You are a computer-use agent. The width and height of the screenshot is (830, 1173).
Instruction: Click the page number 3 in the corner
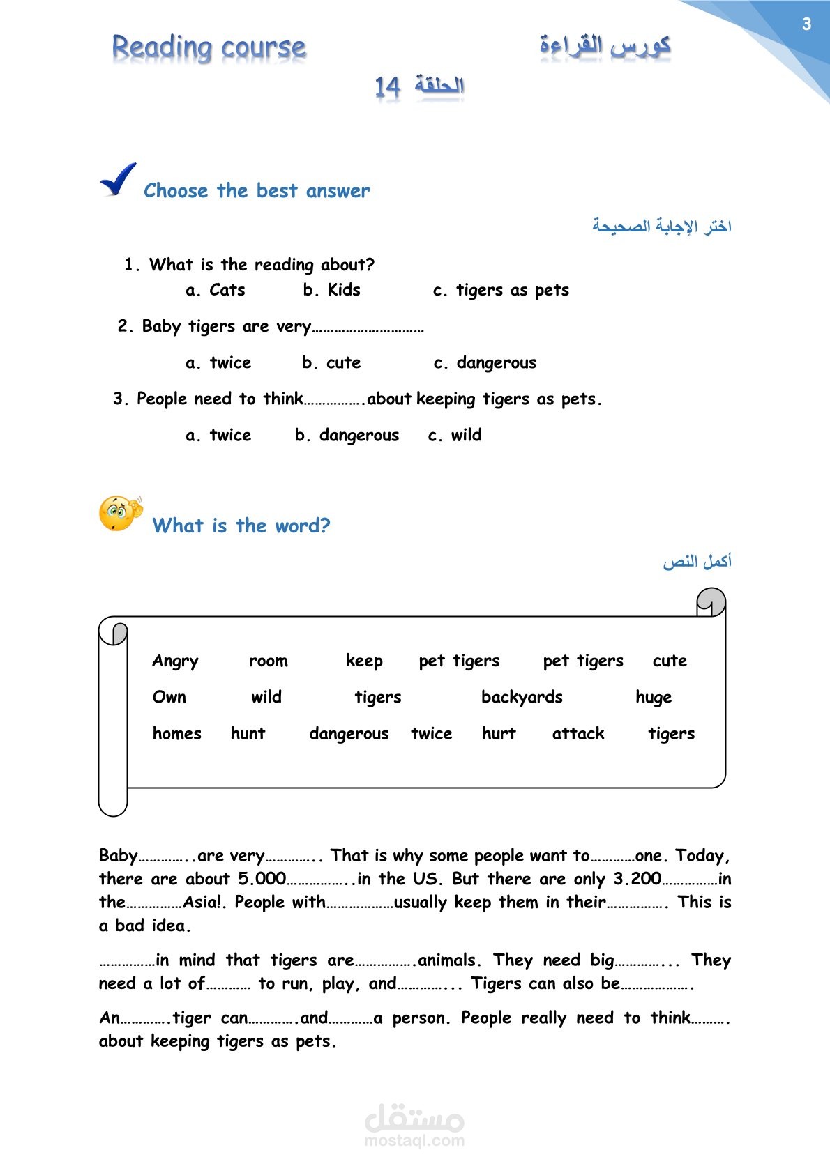(806, 24)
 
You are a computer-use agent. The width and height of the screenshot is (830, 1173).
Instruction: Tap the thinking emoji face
(119, 514)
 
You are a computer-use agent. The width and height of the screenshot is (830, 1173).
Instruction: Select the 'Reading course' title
(209, 47)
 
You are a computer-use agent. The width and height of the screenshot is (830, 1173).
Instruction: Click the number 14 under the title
(387, 87)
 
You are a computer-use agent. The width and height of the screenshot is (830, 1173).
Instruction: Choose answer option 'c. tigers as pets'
(501, 291)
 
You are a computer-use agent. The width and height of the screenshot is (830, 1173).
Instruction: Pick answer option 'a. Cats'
(216, 290)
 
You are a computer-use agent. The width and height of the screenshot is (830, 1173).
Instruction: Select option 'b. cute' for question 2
(331, 362)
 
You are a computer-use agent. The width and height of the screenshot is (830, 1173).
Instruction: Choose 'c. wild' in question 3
(455, 435)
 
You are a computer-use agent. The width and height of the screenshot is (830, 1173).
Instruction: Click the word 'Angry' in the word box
(175, 661)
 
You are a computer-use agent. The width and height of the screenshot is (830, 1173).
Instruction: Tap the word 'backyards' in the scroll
(522, 697)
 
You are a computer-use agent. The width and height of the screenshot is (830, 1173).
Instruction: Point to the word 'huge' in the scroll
(654, 698)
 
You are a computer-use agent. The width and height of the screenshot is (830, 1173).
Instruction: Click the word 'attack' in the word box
(578, 733)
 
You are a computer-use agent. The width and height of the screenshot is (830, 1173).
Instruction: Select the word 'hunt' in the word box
(248, 733)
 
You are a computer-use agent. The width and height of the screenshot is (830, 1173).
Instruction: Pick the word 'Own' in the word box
(169, 697)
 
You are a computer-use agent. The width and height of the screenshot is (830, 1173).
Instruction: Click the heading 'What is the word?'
(241, 526)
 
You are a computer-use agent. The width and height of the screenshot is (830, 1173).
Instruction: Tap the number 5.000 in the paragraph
(262, 879)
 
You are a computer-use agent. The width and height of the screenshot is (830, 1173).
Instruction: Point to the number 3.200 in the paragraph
(637, 879)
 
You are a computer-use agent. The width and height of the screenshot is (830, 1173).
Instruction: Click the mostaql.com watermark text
(414, 1140)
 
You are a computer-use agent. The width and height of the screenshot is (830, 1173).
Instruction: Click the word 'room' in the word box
(269, 661)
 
